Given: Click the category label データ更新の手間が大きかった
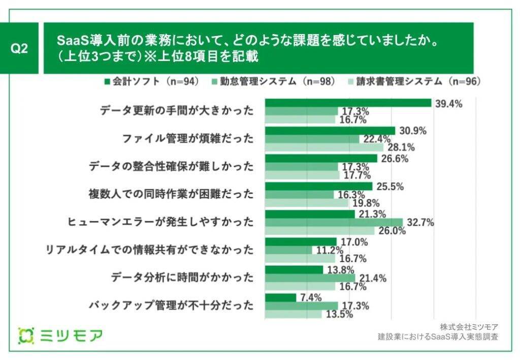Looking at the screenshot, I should coord(176,111).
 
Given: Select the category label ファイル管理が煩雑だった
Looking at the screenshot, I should coord(187,138).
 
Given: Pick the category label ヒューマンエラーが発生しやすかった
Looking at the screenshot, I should coord(160,222).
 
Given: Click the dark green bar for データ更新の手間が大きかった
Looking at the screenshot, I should coord(348,103).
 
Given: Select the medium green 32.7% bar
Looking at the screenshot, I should coord(334,222).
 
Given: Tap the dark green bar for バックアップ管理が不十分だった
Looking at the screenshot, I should coord(280,298).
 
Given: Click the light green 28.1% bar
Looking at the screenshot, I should coord(324,147).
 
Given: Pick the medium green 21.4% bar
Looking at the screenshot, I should coord(310,278).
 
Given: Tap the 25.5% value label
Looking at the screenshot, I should coord(389,186).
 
